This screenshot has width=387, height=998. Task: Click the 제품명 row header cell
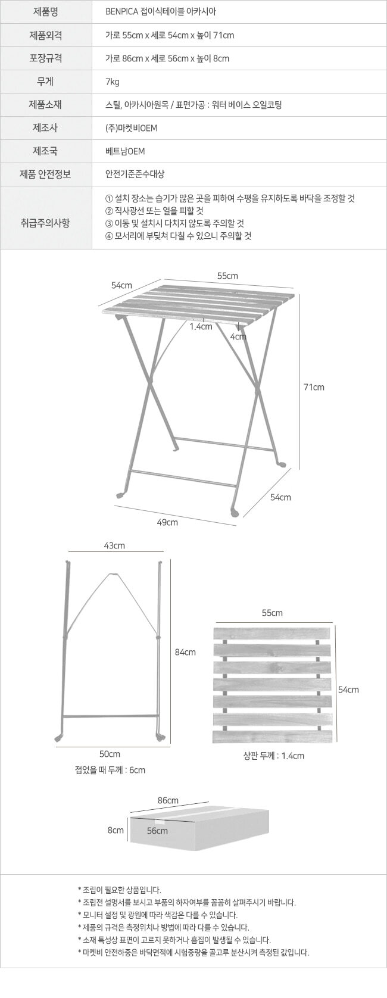pyautogui.click(x=46, y=11)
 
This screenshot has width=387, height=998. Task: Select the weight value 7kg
pyautogui.click(x=112, y=82)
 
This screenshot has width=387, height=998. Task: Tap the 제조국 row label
pyautogui.click(x=45, y=151)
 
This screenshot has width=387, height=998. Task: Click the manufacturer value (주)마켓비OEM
pyautogui.click(x=132, y=128)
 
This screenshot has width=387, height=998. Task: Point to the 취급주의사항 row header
pyautogui.click(x=45, y=223)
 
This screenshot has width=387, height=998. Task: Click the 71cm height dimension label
pyautogui.click(x=314, y=387)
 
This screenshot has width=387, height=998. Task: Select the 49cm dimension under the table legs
pyautogui.click(x=167, y=522)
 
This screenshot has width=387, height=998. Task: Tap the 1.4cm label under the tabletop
pyautogui.click(x=201, y=326)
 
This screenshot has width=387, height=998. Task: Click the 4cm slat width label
pyautogui.click(x=238, y=336)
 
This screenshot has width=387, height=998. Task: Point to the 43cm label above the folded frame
pyautogui.click(x=114, y=546)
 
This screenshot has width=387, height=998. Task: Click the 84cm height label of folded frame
pyautogui.click(x=185, y=652)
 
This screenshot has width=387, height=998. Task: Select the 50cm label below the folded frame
pyautogui.click(x=110, y=754)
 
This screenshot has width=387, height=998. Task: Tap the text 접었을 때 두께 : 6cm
pyautogui.click(x=110, y=771)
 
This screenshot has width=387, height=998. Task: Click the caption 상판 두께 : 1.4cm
pyautogui.click(x=274, y=756)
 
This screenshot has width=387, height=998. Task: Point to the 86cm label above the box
pyautogui.click(x=168, y=801)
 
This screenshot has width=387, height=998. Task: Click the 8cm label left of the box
pyautogui.click(x=116, y=831)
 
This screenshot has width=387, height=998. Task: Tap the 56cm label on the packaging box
pyautogui.click(x=158, y=831)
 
